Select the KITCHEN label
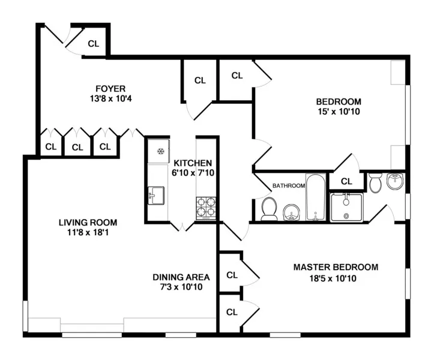click(x=192, y=163)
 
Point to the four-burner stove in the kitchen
click(x=205, y=207)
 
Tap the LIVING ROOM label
click(x=88, y=221)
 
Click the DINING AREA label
click(x=181, y=277)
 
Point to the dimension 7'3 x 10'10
click(x=181, y=287)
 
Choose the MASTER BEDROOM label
click(x=336, y=267)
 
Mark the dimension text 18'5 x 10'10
click(x=336, y=278)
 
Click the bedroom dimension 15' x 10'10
click(x=339, y=111)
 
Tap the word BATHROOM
click(x=288, y=186)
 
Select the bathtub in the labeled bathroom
click(x=315, y=197)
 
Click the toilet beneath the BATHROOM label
click(x=269, y=209)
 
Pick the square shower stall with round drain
click(x=346, y=207)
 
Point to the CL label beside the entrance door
click(x=94, y=43)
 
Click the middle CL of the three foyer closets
click(x=77, y=146)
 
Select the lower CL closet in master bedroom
click(x=232, y=312)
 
